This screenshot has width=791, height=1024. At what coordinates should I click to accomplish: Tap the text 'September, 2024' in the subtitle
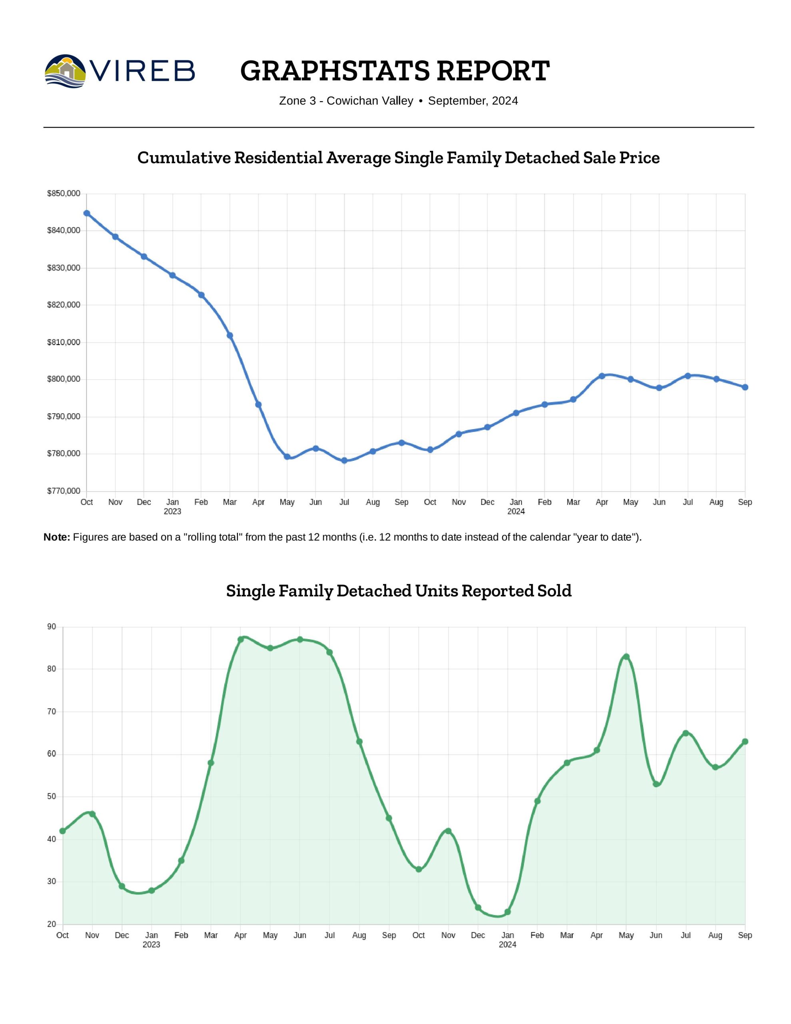[473, 101]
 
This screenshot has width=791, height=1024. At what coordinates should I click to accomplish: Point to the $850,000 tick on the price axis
[63, 193]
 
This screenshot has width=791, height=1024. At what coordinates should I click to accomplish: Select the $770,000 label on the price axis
[63, 491]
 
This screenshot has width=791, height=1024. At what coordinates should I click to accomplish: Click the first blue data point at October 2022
[87, 213]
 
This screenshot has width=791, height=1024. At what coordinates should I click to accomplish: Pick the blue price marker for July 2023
[344, 460]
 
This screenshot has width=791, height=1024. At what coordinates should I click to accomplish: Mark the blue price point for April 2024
[601, 376]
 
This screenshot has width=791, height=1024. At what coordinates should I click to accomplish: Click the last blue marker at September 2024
[745, 387]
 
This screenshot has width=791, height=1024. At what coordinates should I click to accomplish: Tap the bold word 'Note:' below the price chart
[57, 537]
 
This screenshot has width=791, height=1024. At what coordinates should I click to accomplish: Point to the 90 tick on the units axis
[52, 627]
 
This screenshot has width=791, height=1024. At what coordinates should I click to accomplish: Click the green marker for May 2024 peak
[626, 657]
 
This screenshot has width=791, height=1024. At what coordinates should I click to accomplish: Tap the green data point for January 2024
[507, 912]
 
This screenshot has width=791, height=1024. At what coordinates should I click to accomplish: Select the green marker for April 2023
[240, 640]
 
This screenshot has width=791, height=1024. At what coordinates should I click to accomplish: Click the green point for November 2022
[92, 814]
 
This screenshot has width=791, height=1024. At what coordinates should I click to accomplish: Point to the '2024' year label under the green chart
[507, 944]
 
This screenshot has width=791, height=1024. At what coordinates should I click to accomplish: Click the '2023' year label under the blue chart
[172, 512]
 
